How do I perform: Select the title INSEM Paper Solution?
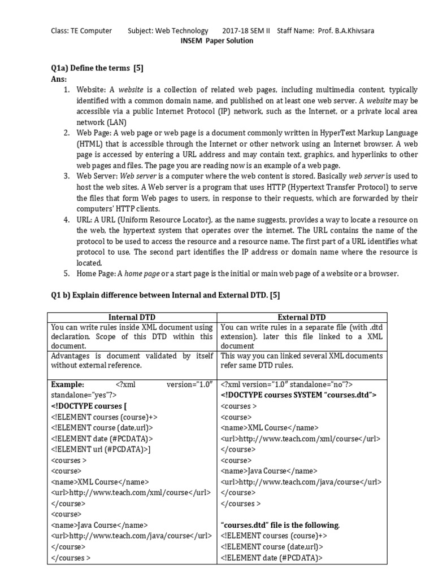216,41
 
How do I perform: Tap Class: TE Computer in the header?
81,30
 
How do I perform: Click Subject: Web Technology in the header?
168,30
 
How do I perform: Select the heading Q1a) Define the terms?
97,68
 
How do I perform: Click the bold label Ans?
59,79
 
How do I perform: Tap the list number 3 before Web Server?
66,176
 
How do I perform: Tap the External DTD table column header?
302,317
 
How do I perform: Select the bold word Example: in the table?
67,384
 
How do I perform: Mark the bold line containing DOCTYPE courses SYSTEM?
298,395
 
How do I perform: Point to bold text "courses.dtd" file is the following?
280,525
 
